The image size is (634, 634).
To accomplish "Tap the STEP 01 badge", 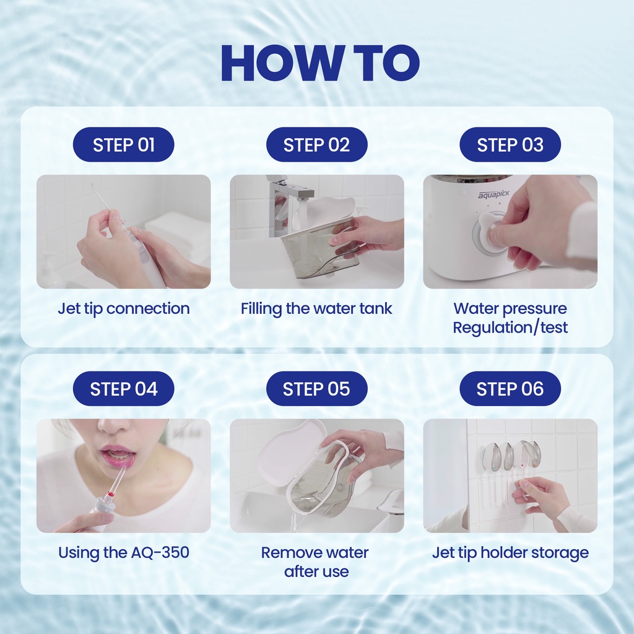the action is [123, 145].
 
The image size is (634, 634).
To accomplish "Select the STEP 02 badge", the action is [316, 145].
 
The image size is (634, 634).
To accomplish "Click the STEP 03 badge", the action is [510, 145].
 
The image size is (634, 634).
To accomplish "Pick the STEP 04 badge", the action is [123, 389].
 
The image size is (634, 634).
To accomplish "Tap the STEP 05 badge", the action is [316, 389].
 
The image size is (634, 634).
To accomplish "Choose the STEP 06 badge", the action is [510, 389].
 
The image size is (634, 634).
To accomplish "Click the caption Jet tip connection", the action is [124, 309].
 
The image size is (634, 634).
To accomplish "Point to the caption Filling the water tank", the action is [316, 309].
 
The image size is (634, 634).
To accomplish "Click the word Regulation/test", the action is [510, 328].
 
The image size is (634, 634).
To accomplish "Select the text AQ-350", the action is [160, 552].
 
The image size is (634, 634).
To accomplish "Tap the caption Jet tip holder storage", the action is [510, 553].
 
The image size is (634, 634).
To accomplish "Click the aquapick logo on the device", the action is [493, 195].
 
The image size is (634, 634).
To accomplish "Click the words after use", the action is [316, 571].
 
